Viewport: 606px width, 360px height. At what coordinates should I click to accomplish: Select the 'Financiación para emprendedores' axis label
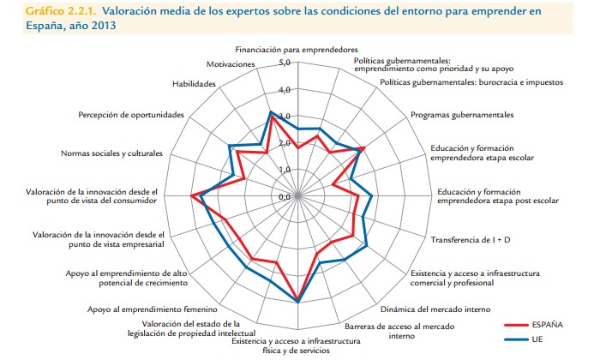click(x=298, y=50)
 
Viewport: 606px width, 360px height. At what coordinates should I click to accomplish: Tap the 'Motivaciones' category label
click(x=231, y=64)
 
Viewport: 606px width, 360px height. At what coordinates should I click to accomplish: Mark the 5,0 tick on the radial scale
click(x=285, y=63)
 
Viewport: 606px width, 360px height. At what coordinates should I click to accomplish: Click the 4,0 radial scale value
click(x=285, y=89)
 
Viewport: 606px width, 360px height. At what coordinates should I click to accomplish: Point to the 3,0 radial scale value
click(x=285, y=116)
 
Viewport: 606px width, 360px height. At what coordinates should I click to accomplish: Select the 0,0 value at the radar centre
click(x=285, y=195)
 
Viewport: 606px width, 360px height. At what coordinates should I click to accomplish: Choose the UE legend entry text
click(x=537, y=339)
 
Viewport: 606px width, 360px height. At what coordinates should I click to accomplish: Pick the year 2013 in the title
click(x=100, y=26)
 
